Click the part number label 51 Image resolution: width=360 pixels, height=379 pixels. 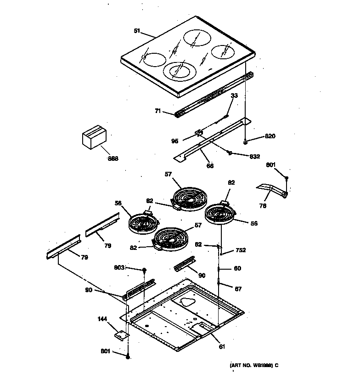tap(136, 31)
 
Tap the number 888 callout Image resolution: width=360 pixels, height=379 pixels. tap(113, 158)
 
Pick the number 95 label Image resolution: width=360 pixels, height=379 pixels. tap(175, 141)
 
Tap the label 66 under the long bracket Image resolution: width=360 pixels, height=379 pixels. tap(209, 165)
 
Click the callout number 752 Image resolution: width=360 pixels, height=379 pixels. tap(241, 250)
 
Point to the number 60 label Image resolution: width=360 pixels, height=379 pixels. tap(237, 268)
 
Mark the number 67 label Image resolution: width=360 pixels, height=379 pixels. tap(237, 289)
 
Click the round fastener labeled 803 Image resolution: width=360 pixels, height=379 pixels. tap(144, 270)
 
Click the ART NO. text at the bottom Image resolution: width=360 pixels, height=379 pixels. tap(254, 365)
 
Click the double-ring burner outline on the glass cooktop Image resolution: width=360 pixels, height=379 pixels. tap(180, 71)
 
